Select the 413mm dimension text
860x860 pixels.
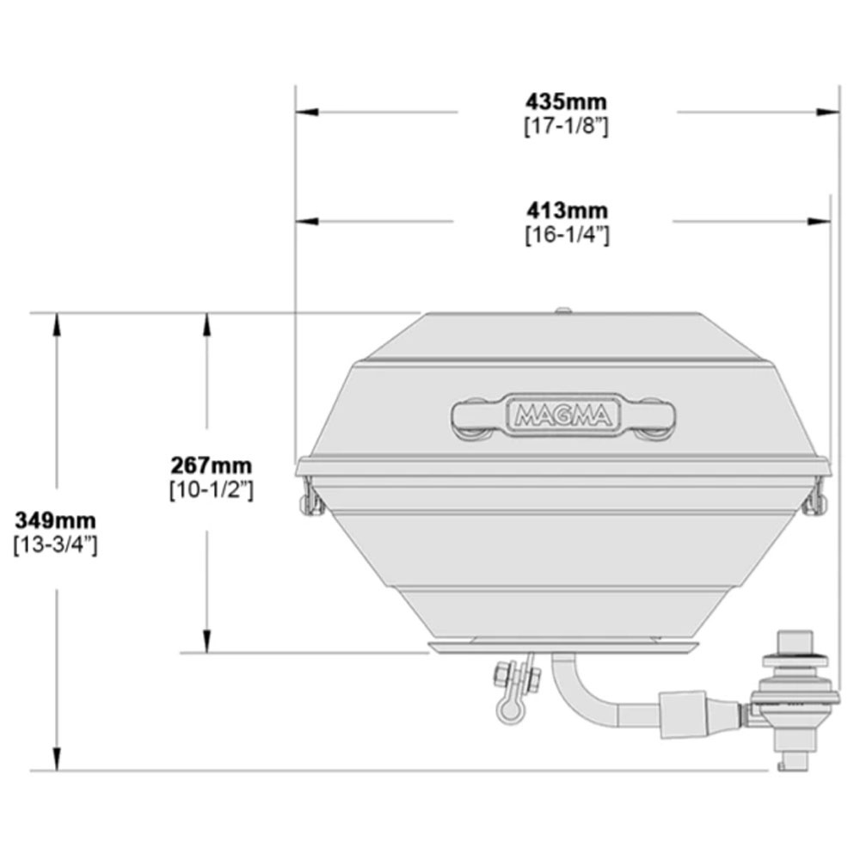click(x=567, y=210)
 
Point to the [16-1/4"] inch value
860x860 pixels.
click(x=567, y=235)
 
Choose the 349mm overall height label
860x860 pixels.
click(x=56, y=519)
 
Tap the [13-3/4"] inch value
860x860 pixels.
click(x=56, y=544)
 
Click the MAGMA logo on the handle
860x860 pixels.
click(x=563, y=417)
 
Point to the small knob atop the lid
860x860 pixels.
click(x=563, y=310)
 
